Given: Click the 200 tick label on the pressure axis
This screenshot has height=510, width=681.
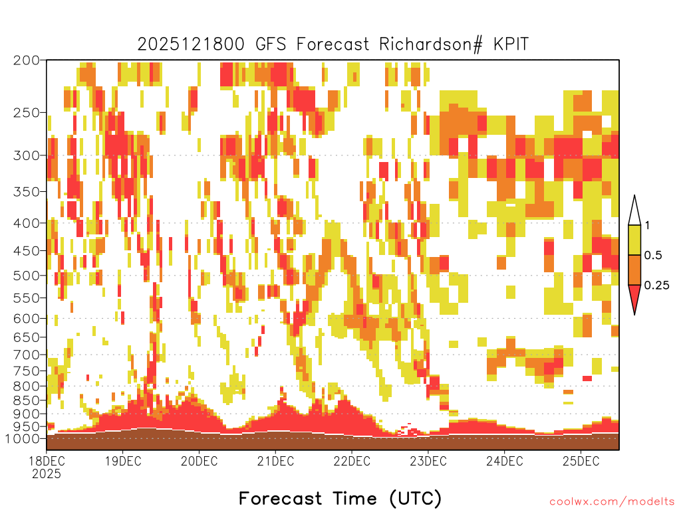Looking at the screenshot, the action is [x=27, y=60].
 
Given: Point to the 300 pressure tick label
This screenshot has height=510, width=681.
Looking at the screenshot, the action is [x=27, y=155].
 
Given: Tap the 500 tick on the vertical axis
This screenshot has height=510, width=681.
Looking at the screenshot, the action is [x=27, y=276].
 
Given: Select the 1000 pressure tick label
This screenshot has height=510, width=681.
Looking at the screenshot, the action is [x=23, y=438].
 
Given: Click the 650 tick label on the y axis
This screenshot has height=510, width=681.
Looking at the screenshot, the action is [x=27, y=337].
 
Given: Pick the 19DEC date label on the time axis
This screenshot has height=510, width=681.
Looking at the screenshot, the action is [x=123, y=461].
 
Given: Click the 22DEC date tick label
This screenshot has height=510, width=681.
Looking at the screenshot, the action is [x=352, y=461].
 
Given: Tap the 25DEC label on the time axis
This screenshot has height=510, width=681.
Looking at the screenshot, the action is [x=581, y=461].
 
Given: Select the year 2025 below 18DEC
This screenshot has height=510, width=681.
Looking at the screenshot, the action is [x=47, y=473].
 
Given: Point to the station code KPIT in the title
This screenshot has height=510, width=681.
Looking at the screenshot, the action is [x=511, y=44].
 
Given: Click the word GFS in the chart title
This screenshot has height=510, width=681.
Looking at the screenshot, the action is [x=271, y=44].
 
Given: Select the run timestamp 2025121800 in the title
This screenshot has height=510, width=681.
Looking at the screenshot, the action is [x=191, y=44].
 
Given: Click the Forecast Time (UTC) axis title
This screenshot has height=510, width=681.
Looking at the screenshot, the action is [x=340, y=499].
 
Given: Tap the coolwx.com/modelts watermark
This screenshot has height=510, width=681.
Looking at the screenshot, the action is [x=613, y=502].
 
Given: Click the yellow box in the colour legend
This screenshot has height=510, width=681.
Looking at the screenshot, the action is [x=634, y=240].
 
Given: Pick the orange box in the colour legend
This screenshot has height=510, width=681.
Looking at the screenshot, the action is [x=634, y=270].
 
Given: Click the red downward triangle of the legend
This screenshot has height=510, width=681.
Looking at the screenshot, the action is [x=634, y=296].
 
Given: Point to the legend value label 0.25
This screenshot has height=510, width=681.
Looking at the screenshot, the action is [x=656, y=285].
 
